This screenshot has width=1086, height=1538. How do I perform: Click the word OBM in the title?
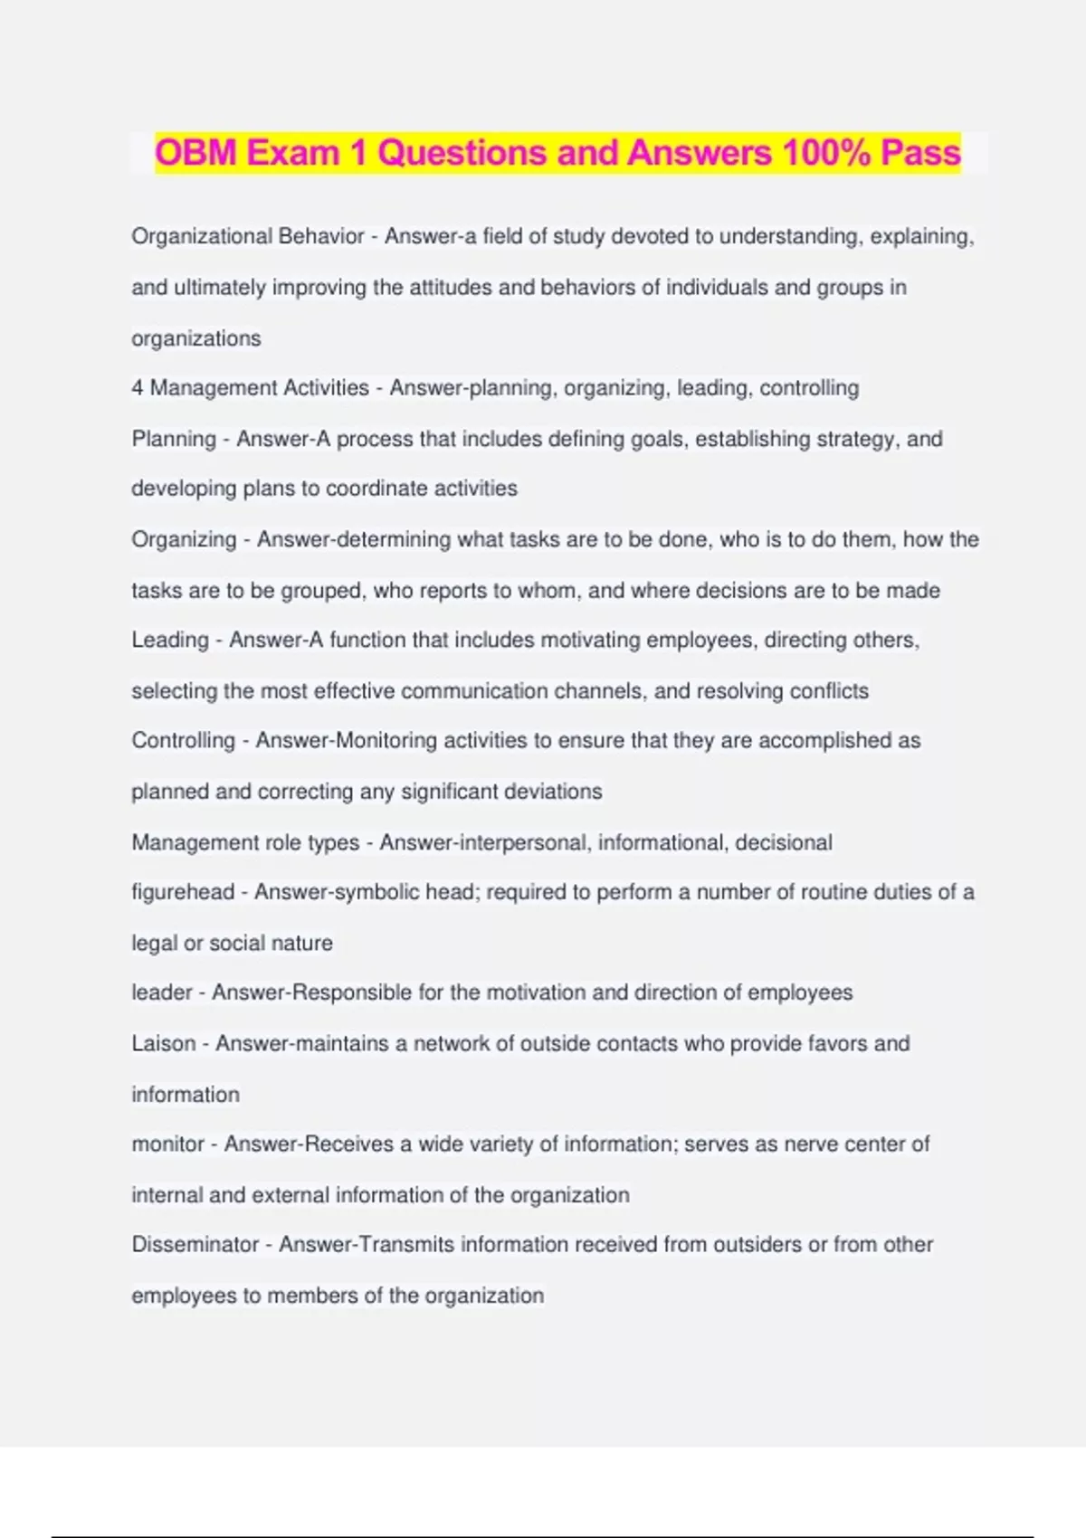(196, 152)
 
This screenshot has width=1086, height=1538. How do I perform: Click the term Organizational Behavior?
(247, 236)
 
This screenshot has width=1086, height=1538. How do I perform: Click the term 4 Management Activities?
(250, 388)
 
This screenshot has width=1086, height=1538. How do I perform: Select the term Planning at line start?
(174, 439)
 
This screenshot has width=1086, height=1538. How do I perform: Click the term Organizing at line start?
(184, 539)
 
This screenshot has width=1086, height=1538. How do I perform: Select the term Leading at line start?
(170, 640)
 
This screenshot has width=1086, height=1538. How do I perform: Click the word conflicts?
(829, 691)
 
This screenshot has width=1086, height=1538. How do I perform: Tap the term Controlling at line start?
(183, 740)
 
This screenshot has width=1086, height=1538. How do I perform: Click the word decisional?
(783, 842)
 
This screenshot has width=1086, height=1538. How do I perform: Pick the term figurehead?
(183, 892)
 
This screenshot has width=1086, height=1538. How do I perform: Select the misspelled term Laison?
(163, 1043)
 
